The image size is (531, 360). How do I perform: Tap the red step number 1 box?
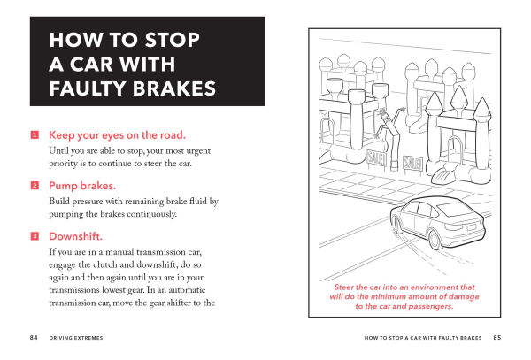point(35,135)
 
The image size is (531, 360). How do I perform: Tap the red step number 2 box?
point(35,186)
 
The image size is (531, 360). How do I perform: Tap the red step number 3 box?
point(35,236)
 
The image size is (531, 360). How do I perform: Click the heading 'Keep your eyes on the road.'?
point(116,135)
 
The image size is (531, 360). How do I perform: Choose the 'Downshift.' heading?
point(77,236)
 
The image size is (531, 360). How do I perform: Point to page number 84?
point(34,337)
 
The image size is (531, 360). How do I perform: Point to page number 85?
point(497,337)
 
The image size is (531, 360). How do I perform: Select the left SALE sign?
point(376,158)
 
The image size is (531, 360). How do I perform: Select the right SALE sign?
point(412,163)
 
